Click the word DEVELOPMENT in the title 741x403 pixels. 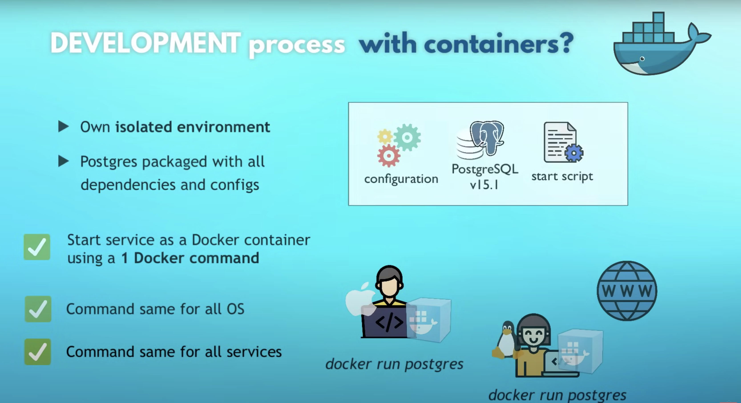[x=145, y=43]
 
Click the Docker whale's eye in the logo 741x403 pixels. [x=642, y=59]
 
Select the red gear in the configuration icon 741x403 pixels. [x=389, y=156]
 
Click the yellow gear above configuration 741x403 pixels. [x=385, y=136]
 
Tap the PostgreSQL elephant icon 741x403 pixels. [x=487, y=136]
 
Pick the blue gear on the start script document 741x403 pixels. [x=573, y=153]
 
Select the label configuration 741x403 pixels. [x=401, y=179]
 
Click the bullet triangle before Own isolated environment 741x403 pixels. [x=63, y=127]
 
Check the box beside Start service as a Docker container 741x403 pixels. [x=37, y=247]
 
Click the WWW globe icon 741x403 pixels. [x=627, y=291]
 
